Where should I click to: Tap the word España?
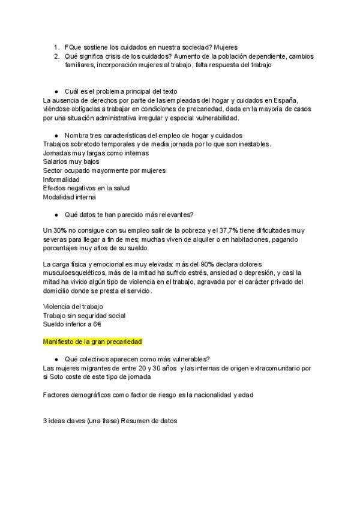tap(281, 100)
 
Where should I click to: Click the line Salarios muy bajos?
tap(71, 161)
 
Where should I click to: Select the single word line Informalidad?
tap(61, 179)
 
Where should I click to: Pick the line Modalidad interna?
tap(69, 197)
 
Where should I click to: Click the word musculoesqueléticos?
tap(75, 273)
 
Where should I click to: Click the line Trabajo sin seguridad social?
tap(84, 316)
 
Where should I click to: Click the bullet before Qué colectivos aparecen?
tap(56, 358)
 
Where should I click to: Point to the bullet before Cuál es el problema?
tap(56, 91)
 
